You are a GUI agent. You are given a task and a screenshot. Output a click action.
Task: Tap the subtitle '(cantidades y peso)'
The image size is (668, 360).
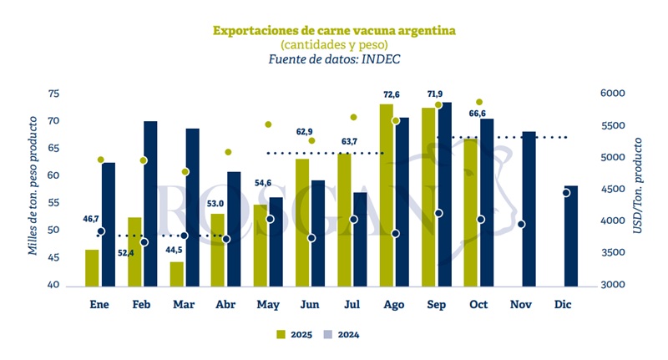(333, 44)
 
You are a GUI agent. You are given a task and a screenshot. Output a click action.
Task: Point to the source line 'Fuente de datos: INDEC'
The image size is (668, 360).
(333, 59)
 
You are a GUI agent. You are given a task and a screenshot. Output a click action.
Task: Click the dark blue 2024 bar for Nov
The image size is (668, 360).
(529, 209)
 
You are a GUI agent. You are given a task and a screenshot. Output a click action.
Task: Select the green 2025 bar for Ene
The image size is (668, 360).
(92, 267)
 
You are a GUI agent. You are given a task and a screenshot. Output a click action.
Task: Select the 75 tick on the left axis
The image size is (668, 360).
(54, 94)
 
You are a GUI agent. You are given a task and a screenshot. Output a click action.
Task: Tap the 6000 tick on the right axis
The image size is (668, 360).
(613, 94)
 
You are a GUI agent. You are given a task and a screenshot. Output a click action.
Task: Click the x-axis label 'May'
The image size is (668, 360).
(267, 306)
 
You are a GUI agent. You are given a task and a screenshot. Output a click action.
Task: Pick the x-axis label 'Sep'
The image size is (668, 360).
(435, 306)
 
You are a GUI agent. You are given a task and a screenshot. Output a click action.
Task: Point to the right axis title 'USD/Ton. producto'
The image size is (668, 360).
(638, 185)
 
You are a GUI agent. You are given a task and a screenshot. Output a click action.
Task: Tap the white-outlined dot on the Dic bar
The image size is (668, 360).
(566, 193)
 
